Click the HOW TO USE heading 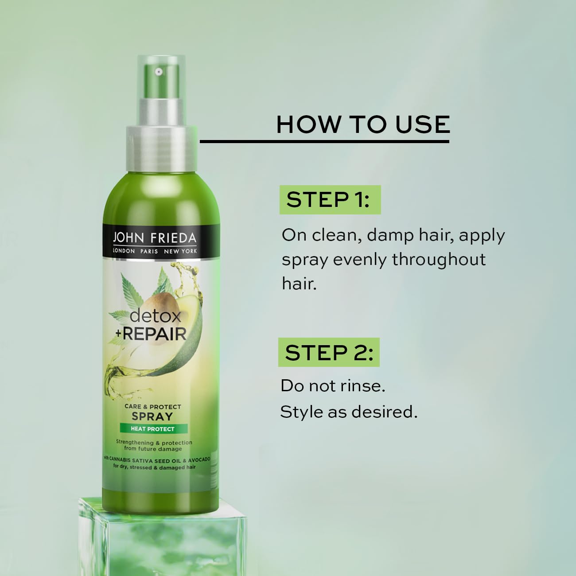pos(363,125)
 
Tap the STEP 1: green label pos(330,200)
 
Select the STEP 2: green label pos(329,353)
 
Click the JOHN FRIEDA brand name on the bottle pos(154,238)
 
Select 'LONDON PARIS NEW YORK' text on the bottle pos(155,251)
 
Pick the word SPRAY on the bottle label pos(152,416)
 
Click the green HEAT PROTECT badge pos(153,429)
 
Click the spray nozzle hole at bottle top pos(159,71)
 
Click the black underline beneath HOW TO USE pos(324,141)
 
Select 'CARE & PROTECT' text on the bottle pos(152,407)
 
